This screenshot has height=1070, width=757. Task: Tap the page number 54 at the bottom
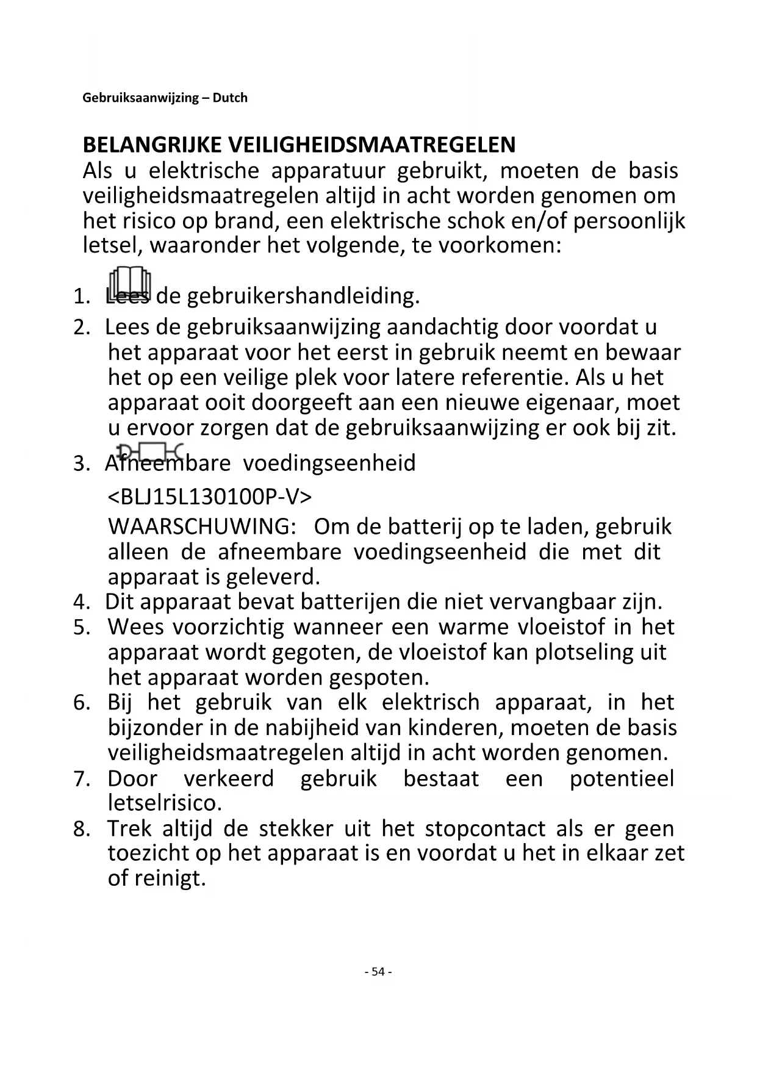pos(378,972)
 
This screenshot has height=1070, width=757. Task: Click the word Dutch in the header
pos(230,98)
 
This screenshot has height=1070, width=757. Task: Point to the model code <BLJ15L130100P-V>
pos(210,497)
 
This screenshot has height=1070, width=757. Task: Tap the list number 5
pos(82,628)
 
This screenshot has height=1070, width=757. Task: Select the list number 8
pos(82,829)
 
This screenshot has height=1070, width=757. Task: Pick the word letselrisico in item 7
pos(164,803)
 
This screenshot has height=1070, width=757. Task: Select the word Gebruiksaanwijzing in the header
pos(140,98)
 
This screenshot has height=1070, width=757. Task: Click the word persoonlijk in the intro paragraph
pos(629,221)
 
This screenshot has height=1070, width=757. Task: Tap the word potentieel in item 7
pos(622,779)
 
